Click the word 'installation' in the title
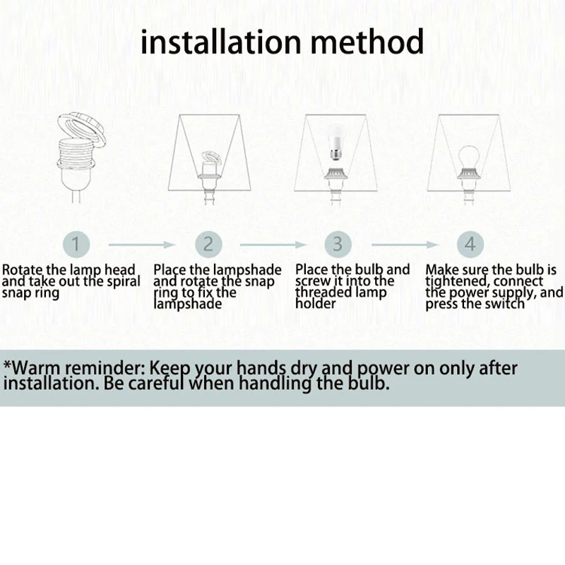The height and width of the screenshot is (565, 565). point(220,42)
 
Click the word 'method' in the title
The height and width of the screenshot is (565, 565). point(367,42)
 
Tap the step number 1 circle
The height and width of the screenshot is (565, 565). point(76,244)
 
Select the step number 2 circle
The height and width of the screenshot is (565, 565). point(208,244)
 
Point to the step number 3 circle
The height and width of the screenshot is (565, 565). point(338,244)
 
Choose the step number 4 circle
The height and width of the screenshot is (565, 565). point(470,244)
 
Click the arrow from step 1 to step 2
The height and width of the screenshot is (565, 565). point(142,244)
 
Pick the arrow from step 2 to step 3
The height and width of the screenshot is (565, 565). point(273,244)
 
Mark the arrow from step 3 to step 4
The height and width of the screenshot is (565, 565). point(405,244)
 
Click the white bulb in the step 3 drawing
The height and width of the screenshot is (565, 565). point(335,143)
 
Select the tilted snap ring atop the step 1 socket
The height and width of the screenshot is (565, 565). point(81,129)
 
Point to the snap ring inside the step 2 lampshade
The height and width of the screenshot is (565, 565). point(211,157)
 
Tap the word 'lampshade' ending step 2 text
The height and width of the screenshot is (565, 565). point(188,304)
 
